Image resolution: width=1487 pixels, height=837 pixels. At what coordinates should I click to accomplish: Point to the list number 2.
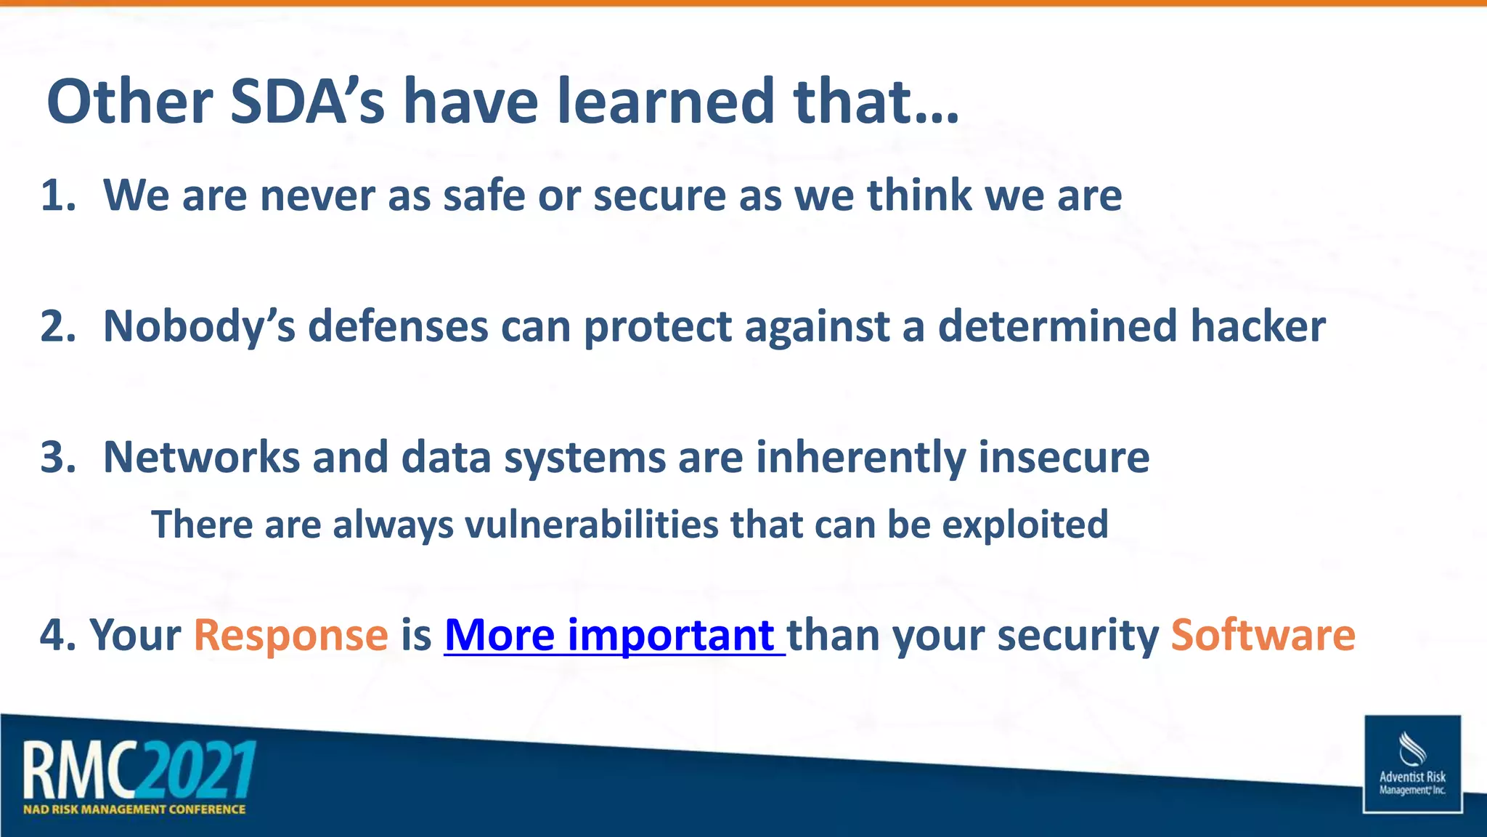[x=57, y=326]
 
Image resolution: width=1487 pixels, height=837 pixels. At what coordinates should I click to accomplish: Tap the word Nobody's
[x=199, y=326]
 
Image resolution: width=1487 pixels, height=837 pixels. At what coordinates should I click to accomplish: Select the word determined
[x=1057, y=326]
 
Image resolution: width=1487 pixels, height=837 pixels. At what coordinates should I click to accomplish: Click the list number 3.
[x=57, y=458]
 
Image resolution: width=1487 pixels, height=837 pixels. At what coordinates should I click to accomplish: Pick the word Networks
[x=201, y=458]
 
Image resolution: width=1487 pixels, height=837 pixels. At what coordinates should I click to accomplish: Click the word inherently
[x=860, y=458]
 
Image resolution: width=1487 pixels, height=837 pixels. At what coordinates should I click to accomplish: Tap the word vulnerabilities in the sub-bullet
[x=591, y=525]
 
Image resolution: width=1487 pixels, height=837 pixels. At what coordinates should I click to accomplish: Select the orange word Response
[x=290, y=635]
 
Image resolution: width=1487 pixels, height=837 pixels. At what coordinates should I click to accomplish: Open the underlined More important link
[x=614, y=635]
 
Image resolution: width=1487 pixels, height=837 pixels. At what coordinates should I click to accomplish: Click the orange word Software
[x=1263, y=635]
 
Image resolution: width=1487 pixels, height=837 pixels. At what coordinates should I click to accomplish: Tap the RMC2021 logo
[x=139, y=769]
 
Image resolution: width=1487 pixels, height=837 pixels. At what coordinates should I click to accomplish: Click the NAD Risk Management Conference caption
[x=134, y=809]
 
